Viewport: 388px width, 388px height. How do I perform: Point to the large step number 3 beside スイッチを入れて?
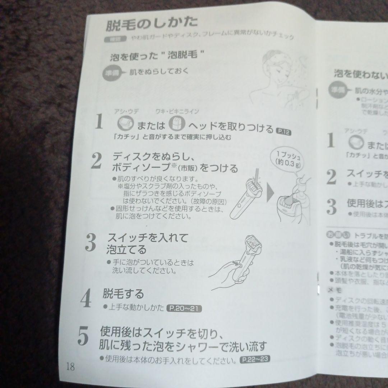coord(91,243)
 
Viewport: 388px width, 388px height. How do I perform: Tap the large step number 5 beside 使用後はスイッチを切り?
coord(83,336)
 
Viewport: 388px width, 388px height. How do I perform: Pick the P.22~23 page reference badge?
coord(255,359)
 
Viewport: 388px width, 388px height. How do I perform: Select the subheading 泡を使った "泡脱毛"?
coord(157,57)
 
